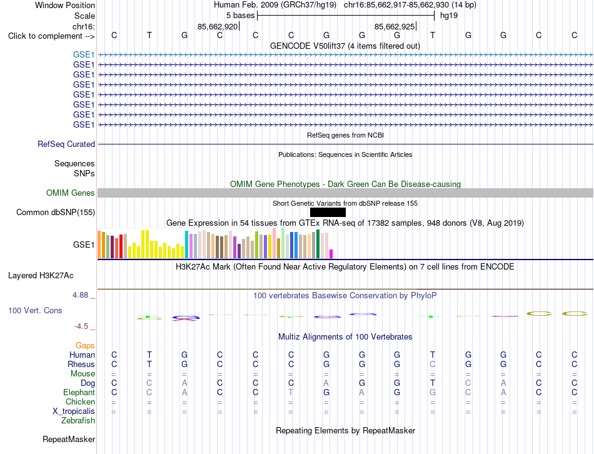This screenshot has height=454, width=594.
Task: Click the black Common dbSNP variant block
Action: pos(328,212)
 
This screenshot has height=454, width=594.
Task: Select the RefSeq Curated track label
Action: pos(66,144)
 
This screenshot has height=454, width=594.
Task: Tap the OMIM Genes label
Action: pos(71,193)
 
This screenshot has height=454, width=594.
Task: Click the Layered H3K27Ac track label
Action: pos(41,276)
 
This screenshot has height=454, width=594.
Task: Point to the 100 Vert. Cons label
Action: pos(35,310)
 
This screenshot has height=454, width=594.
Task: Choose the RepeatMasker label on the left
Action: pos(69,439)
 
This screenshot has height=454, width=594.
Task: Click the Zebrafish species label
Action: pos(78,421)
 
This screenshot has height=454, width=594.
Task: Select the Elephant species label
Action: pos(79,392)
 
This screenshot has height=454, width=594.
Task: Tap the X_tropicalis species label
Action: pos(74,411)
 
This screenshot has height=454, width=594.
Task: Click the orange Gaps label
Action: pos(85,345)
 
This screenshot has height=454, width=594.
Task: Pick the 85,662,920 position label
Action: pos(218,26)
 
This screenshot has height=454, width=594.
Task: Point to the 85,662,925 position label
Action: pos(395,26)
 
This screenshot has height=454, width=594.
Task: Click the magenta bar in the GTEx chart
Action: pos(331,254)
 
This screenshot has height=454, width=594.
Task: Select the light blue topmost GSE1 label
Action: pos(84,54)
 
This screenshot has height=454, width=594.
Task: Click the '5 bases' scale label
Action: pos(241,16)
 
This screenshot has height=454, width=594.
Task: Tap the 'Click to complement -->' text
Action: pos(51,36)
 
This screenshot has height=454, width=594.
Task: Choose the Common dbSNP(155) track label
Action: pos(56,212)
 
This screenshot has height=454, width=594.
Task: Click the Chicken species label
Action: pos(80,401)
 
